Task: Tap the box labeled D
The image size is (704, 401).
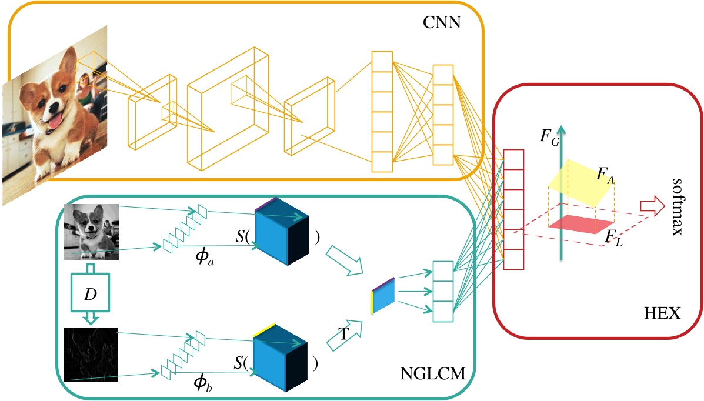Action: (91, 293)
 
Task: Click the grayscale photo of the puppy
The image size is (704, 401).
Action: (91, 232)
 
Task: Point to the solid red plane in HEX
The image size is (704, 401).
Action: (580, 223)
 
